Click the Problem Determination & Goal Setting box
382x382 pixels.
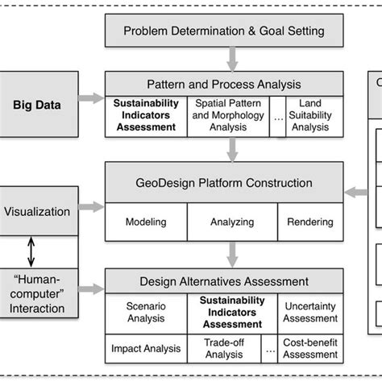click(224, 31)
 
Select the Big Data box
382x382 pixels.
click(38, 104)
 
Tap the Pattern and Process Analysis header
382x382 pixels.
click(224, 84)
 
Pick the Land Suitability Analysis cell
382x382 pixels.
click(309, 114)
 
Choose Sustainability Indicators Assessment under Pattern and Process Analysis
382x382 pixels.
click(146, 114)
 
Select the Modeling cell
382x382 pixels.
click(146, 221)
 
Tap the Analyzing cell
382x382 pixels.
click(232, 221)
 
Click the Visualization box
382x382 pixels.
click(38, 212)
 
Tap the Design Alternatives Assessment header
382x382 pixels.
click(224, 281)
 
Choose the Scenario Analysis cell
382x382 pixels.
click(146, 313)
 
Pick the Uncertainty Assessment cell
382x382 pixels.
click(309, 313)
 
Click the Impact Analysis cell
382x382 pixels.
click(146, 348)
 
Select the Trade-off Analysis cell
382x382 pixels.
click(224, 348)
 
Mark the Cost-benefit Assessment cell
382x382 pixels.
click(309, 348)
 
